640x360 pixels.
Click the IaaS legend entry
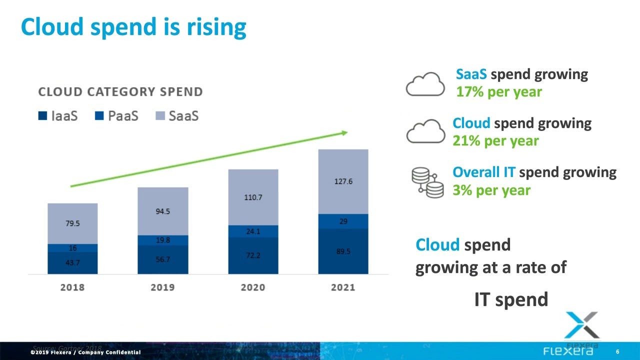(58, 116)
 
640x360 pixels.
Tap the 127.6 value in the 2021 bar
(343, 181)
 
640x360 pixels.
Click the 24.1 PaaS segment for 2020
(253, 231)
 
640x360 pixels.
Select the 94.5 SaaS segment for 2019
(162, 211)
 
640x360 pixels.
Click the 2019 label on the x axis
(162, 287)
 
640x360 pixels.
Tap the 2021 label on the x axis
(342, 287)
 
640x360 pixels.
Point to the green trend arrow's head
(344, 132)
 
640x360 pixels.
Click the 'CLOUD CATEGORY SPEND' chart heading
(120, 92)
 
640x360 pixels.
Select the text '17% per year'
(498, 92)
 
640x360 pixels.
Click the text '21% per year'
(495, 140)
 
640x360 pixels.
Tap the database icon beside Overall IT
(427, 181)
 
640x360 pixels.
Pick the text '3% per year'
(491, 190)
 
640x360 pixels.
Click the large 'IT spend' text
(511, 299)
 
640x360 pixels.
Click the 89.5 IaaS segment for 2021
(343, 251)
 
